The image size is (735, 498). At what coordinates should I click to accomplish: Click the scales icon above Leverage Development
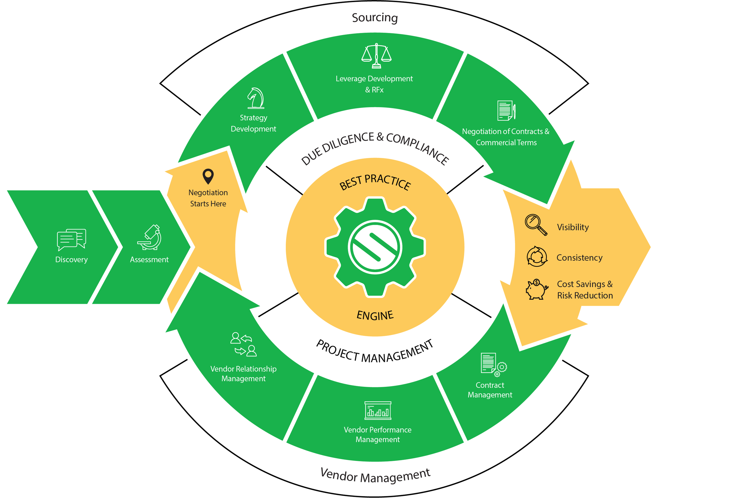(x=376, y=56)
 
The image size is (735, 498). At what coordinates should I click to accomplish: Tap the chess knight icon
(x=255, y=98)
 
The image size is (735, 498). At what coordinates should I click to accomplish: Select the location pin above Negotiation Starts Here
(x=208, y=176)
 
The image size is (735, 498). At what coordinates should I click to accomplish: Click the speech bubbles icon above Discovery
(x=71, y=240)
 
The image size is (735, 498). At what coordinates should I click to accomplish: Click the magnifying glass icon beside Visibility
(x=536, y=225)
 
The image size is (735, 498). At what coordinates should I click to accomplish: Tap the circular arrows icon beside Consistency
(x=537, y=256)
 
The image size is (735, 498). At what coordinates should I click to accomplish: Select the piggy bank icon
(x=537, y=289)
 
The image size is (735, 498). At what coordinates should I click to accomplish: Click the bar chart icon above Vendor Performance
(x=377, y=410)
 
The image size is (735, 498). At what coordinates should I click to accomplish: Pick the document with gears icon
(x=494, y=365)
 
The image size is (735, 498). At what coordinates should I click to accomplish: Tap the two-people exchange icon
(x=243, y=344)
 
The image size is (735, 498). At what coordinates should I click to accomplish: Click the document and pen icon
(x=506, y=110)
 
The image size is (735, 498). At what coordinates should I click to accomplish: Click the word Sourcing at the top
(x=375, y=18)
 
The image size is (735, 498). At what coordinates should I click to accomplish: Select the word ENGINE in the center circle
(x=375, y=315)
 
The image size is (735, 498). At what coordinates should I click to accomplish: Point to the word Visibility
(x=573, y=227)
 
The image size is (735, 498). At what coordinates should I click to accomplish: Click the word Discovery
(x=71, y=260)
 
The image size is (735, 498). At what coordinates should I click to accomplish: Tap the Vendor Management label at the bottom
(x=375, y=476)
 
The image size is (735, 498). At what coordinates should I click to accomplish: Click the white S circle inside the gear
(x=375, y=247)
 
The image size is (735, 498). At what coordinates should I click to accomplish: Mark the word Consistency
(x=579, y=258)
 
